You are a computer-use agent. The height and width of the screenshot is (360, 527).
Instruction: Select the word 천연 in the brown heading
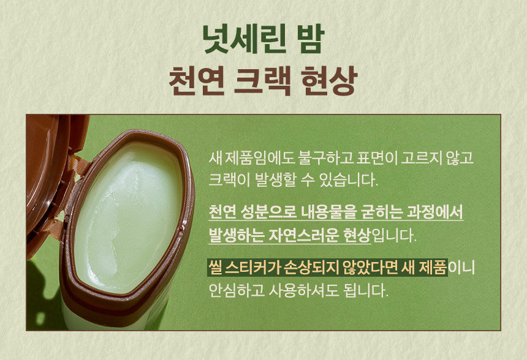click(196, 81)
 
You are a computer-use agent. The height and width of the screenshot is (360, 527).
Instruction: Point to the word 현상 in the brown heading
click(328, 81)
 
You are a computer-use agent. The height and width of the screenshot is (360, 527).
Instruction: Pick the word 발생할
click(275, 180)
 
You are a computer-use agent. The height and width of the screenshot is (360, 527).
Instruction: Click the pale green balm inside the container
click(127, 215)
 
